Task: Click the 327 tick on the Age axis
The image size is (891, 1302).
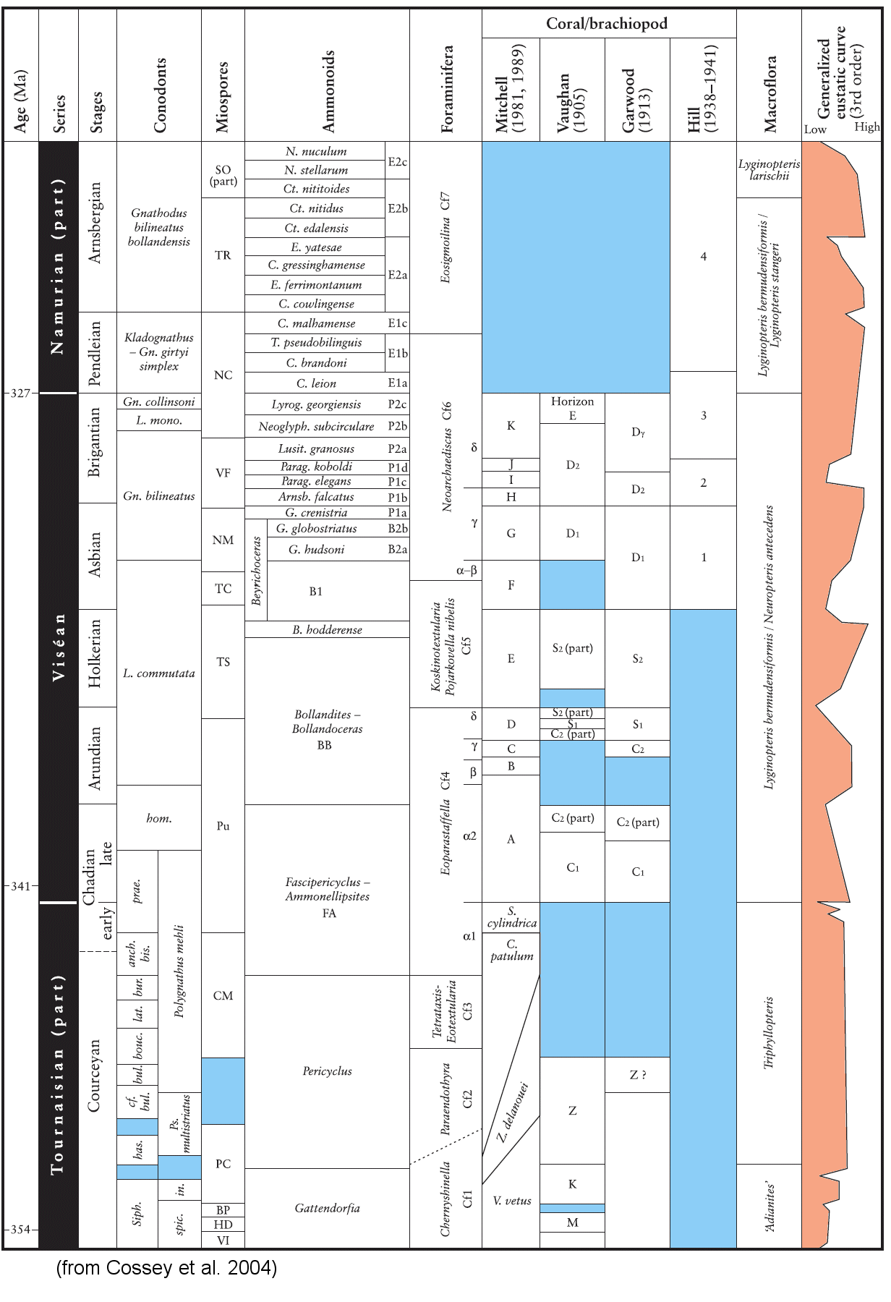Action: pyautogui.click(x=20, y=393)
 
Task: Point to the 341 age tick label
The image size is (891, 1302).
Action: pyautogui.click(x=20, y=885)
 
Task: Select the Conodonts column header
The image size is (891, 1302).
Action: pyautogui.click(x=159, y=95)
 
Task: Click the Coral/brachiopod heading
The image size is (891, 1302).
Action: pyautogui.click(x=606, y=24)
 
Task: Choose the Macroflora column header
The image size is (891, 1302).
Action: pyautogui.click(x=769, y=95)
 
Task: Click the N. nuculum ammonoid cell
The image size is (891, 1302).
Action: pyautogui.click(x=315, y=151)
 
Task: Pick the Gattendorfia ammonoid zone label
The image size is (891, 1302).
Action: pyautogui.click(x=327, y=1208)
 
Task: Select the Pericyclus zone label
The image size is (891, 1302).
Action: pyautogui.click(x=327, y=1071)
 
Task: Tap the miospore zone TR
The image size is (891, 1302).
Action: pyautogui.click(x=223, y=255)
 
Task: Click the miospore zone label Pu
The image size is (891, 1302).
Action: pyautogui.click(x=223, y=826)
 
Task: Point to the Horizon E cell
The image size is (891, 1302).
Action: pyautogui.click(x=572, y=408)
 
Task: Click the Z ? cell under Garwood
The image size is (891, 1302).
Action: pyautogui.click(x=637, y=1075)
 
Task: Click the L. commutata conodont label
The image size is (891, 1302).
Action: pyautogui.click(x=159, y=673)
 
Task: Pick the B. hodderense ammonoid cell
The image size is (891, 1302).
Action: pyautogui.click(x=327, y=630)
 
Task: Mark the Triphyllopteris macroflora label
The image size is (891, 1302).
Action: pyautogui.click(x=769, y=1032)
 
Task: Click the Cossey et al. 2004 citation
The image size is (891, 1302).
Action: pyautogui.click(x=166, y=1268)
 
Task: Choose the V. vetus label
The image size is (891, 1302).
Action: pyautogui.click(x=512, y=1201)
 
